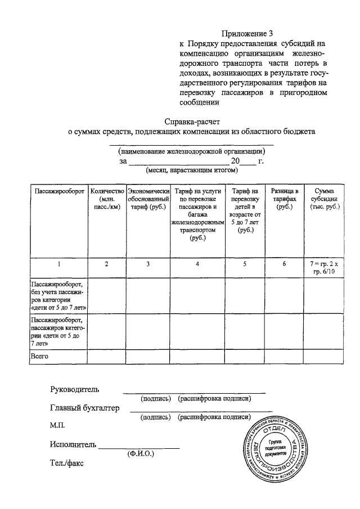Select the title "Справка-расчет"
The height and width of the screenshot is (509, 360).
[193, 121]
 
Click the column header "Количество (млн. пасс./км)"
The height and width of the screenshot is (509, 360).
[106, 199]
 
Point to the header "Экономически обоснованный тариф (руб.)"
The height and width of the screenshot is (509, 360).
[148, 199]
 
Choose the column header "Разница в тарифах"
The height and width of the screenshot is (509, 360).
[284, 199]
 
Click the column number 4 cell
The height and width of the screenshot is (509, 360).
[197, 264]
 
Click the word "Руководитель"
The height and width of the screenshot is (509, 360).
[74, 389]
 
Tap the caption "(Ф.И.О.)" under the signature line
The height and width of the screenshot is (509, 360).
[141, 453]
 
